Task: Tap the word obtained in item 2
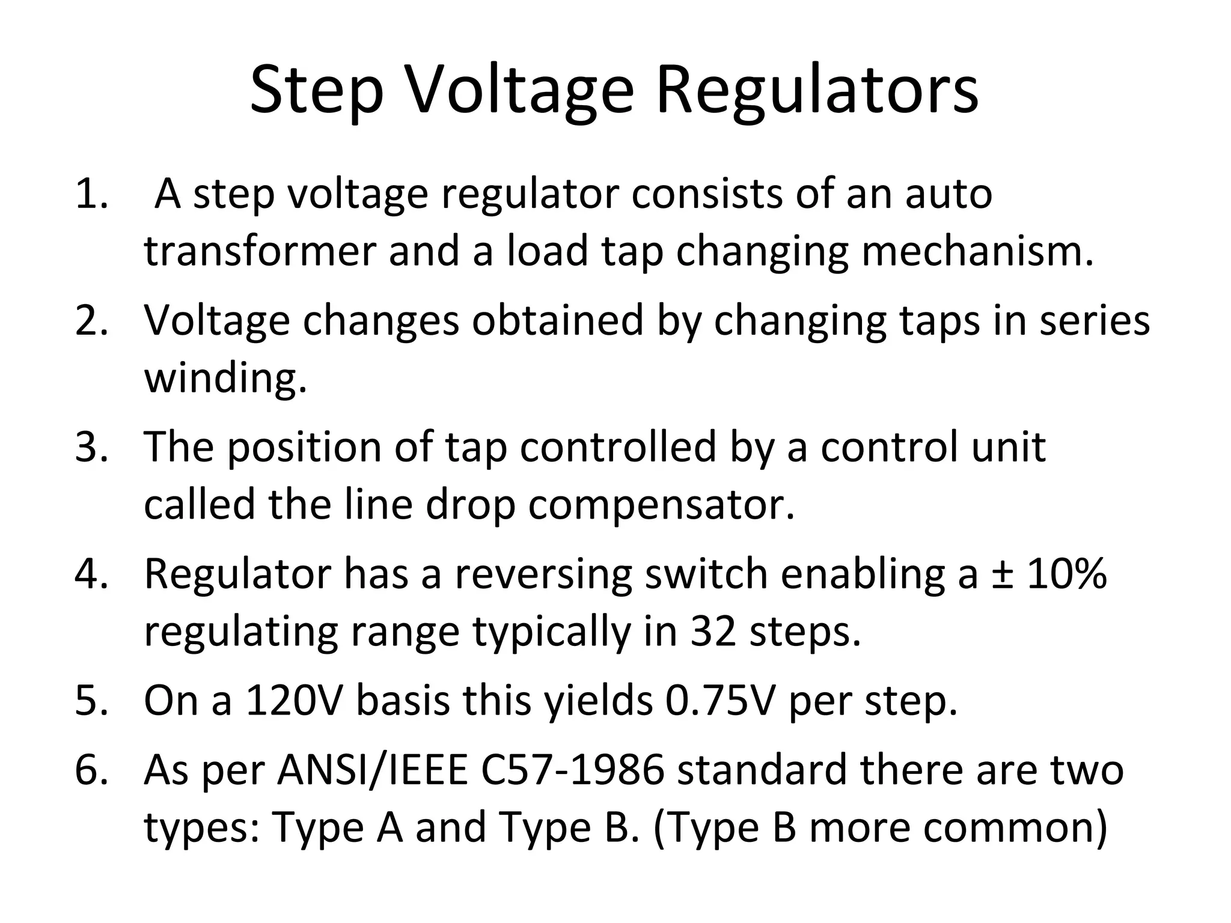pyautogui.click(x=557, y=320)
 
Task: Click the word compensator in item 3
pyautogui.click(x=661, y=505)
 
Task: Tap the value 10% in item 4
pyautogui.click(x=1066, y=574)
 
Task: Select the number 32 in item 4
pyautogui.click(x=713, y=631)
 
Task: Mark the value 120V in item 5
pyautogui.click(x=295, y=701)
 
